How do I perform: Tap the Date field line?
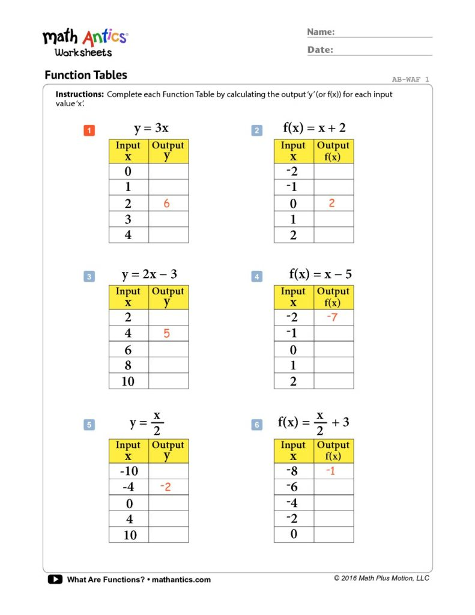tap(384, 53)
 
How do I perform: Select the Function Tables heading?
tap(86, 75)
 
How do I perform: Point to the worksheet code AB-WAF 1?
tap(411, 79)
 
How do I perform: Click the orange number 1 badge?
tap(89, 130)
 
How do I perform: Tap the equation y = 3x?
tap(151, 129)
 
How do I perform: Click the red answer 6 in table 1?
tap(166, 204)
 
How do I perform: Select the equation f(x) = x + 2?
tap(314, 128)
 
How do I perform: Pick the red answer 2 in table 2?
tap(331, 203)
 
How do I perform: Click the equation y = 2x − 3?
tap(150, 275)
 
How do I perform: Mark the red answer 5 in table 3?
tap(166, 333)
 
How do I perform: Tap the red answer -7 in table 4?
tap(331, 317)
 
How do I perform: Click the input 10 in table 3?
tap(128, 381)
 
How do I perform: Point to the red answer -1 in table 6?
tap(331, 471)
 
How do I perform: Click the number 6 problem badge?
tap(257, 425)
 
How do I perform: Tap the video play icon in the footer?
tap(55, 580)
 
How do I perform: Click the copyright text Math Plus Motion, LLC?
tap(382, 578)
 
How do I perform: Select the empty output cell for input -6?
tap(334, 487)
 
